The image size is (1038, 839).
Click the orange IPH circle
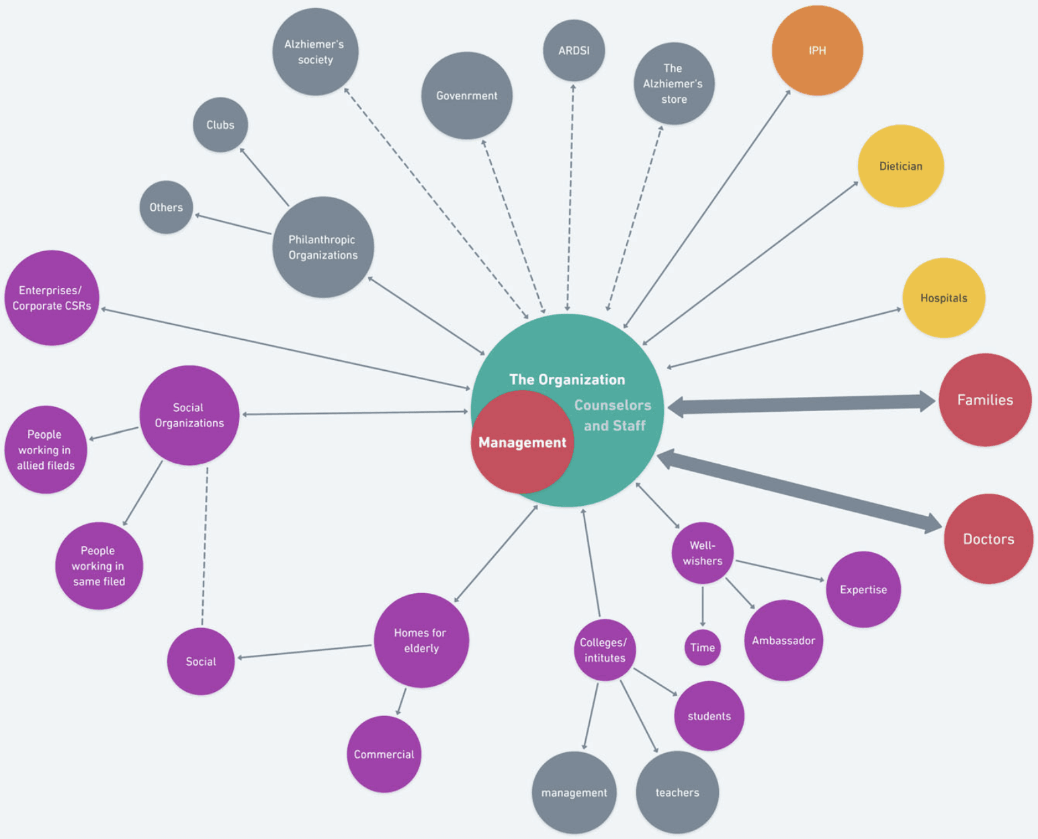point(817,51)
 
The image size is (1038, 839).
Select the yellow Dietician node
point(900,166)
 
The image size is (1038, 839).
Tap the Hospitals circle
point(943,298)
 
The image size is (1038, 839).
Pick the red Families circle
point(984,400)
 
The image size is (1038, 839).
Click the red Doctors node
point(988,539)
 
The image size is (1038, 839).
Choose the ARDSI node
point(574,50)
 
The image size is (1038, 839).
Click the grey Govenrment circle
point(466,95)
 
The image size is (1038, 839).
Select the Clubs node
point(220,125)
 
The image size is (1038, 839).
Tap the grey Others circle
point(166,207)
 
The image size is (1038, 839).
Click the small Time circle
point(702,648)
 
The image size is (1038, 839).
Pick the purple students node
point(709,716)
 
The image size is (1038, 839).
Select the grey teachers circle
point(677,793)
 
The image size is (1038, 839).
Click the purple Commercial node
point(384,754)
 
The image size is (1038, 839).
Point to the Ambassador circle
point(783,640)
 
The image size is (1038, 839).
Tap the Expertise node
point(863,590)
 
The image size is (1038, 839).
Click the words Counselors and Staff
point(613,415)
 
